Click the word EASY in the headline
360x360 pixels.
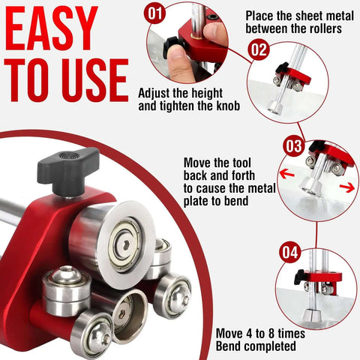tap(52, 28)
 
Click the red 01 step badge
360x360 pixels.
tap(155, 13)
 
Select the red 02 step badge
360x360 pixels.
tap(259, 49)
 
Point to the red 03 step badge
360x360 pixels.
tap(293, 145)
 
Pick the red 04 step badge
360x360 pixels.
tap(290, 252)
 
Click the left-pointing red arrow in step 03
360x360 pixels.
tap(286, 174)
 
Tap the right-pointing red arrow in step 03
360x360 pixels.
tap(347, 187)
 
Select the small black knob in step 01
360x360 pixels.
tap(172, 46)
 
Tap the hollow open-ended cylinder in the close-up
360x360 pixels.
tap(130, 316)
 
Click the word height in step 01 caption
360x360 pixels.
tap(206, 93)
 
